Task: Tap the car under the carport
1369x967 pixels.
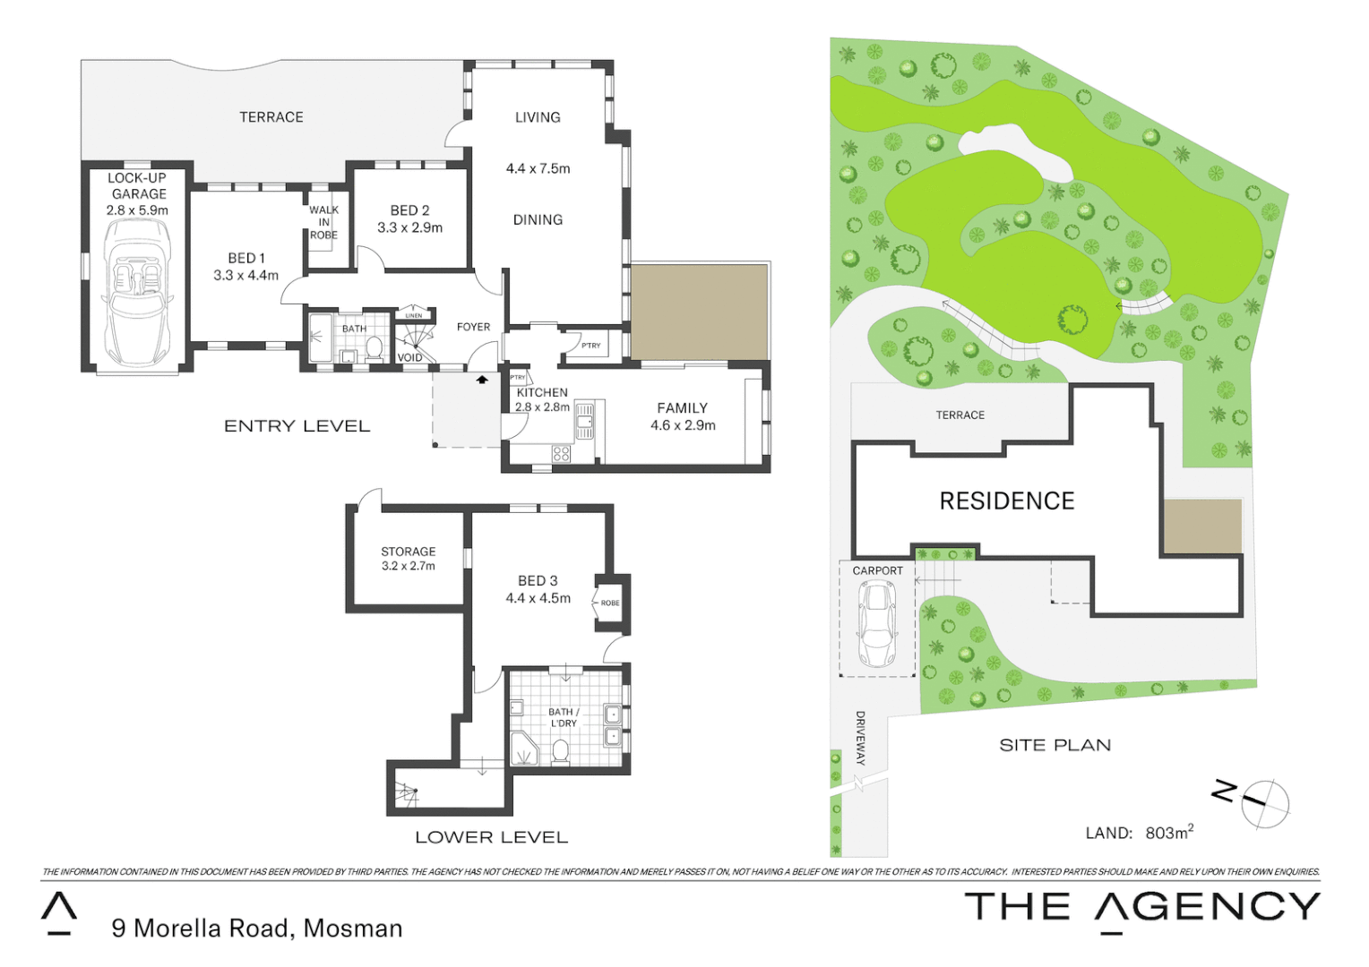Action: tap(876, 622)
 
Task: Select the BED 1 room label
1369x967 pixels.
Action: tap(245, 258)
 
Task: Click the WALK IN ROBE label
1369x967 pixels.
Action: tap(323, 222)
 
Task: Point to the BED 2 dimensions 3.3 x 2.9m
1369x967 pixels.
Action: tap(409, 227)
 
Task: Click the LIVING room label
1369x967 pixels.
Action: tap(538, 117)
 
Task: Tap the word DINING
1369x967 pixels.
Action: tap(538, 219)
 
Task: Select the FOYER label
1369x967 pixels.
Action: tap(473, 327)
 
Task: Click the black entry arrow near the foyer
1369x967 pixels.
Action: tap(482, 380)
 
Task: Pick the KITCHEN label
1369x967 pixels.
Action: tap(542, 392)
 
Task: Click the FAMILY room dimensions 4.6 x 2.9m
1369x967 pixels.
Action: tap(683, 425)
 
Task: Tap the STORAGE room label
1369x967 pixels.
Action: tap(408, 552)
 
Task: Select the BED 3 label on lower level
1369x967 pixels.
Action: tap(538, 580)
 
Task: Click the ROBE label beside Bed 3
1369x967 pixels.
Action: tap(610, 603)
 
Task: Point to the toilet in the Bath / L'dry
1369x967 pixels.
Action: tap(561, 751)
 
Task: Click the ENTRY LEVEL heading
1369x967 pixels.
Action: tap(297, 426)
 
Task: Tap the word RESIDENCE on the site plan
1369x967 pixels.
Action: tap(1006, 501)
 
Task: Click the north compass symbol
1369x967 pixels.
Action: tap(1263, 803)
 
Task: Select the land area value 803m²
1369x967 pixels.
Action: tap(1168, 833)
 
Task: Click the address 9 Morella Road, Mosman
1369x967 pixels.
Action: tap(256, 928)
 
